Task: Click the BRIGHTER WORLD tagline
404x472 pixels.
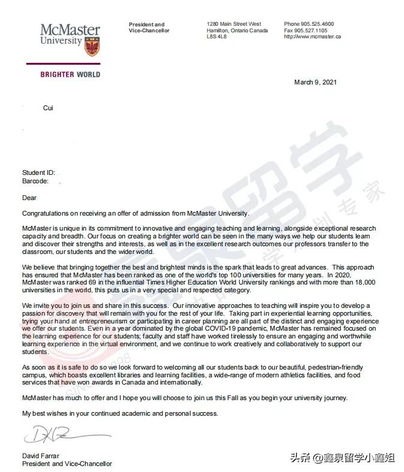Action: (x=70, y=75)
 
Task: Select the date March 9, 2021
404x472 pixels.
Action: (x=315, y=82)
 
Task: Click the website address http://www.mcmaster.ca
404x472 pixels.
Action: (x=312, y=37)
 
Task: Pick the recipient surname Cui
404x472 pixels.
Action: (x=48, y=108)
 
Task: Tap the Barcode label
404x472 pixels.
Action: (x=35, y=180)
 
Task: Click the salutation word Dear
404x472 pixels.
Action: (x=29, y=198)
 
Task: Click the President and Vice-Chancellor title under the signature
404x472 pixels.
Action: (x=67, y=464)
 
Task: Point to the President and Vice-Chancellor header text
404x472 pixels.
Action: (x=149, y=28)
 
